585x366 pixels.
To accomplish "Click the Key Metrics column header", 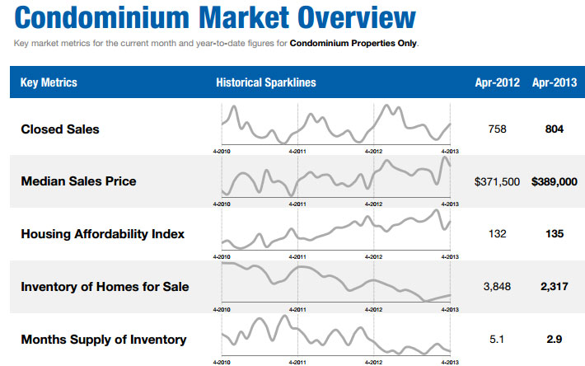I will tap(49, 82).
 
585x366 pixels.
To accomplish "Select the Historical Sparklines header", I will tap(266, 82).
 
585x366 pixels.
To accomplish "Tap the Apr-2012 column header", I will tap(498, 82).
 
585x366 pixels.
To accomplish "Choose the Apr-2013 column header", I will tap(555, 82).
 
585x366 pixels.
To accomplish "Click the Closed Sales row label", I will tap(60, 129).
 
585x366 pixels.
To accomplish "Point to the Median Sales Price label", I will tap(78, 181).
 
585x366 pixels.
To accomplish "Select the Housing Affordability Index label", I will tap(103, 234).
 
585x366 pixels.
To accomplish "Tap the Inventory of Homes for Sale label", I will tap(105, 287).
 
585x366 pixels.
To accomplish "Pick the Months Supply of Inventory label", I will tap(103, 340).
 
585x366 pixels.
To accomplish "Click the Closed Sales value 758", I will tap(498, 129).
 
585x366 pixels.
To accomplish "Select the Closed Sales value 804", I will tap(555, 129).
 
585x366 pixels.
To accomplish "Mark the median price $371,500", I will tap(498, 181).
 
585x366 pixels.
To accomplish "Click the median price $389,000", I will tap(555, 181).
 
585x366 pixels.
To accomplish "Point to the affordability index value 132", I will tap(498, 234).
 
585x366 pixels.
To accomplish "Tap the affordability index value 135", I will tap(555, 234).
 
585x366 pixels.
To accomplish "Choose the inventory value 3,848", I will tap(498, 287).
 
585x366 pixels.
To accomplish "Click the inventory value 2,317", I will tap(555, 287).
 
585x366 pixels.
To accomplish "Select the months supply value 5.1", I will tap(498, 340).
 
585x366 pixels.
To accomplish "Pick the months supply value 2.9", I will tap(555, 340).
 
